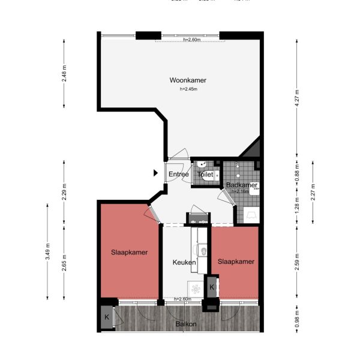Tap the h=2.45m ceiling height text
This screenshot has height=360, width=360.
tap(188, 89)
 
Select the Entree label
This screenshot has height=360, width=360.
tap(178, 175)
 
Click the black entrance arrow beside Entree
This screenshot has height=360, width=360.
tap(155, 173)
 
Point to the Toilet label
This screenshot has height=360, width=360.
tap(205, 175)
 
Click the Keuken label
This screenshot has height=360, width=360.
tap(184, 262)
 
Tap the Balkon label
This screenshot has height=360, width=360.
tap(186, 325)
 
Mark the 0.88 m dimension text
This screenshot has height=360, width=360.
tap(296, 176)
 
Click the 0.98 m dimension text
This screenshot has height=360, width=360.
tap(296, 317)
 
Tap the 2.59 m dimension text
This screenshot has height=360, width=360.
tap(296, 265)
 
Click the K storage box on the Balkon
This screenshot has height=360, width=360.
tap(107, 317)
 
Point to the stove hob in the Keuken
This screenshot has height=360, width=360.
tap(196, 288)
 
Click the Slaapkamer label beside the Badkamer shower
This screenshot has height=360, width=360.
tap(236, 262)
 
